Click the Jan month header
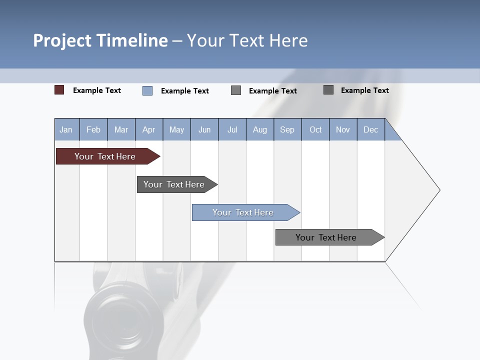(x=66, y=129)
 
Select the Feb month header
(x=93, y=129)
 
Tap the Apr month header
(x=148, y=129)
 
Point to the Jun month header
(x=204, y=129)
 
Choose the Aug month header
(x=259, y=129)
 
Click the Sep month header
(x=287, y=129)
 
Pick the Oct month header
(x=315, y=129)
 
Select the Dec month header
(x=370, y=129)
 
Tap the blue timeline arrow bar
(x=244, y=212)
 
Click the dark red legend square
(x=59, y=90)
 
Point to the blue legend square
(x=147, y=90)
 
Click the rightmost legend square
(x=328, y=90)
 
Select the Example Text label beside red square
(x=97, y=90)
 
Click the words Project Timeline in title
(x=100, y=40)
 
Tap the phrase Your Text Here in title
(x=247, y=40)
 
